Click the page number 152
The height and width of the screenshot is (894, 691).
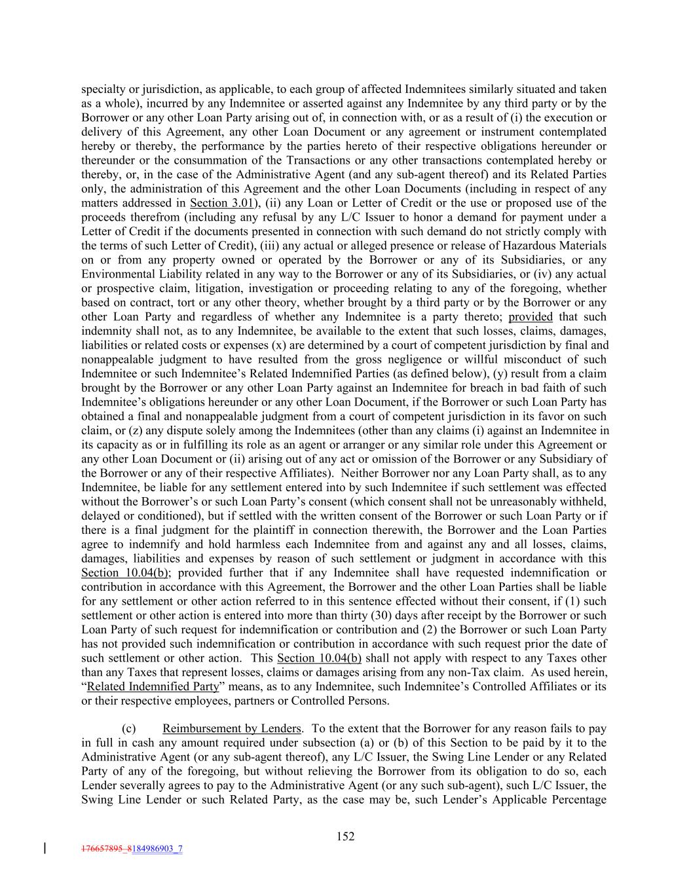[345, 836]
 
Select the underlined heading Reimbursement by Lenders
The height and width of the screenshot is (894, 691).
[232, 728]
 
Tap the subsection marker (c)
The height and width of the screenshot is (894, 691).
[129, 728]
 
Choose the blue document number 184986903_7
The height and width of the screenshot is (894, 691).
[157, 849]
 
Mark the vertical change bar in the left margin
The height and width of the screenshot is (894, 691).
[44, 849]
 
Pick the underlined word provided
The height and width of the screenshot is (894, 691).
[531, 316]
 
